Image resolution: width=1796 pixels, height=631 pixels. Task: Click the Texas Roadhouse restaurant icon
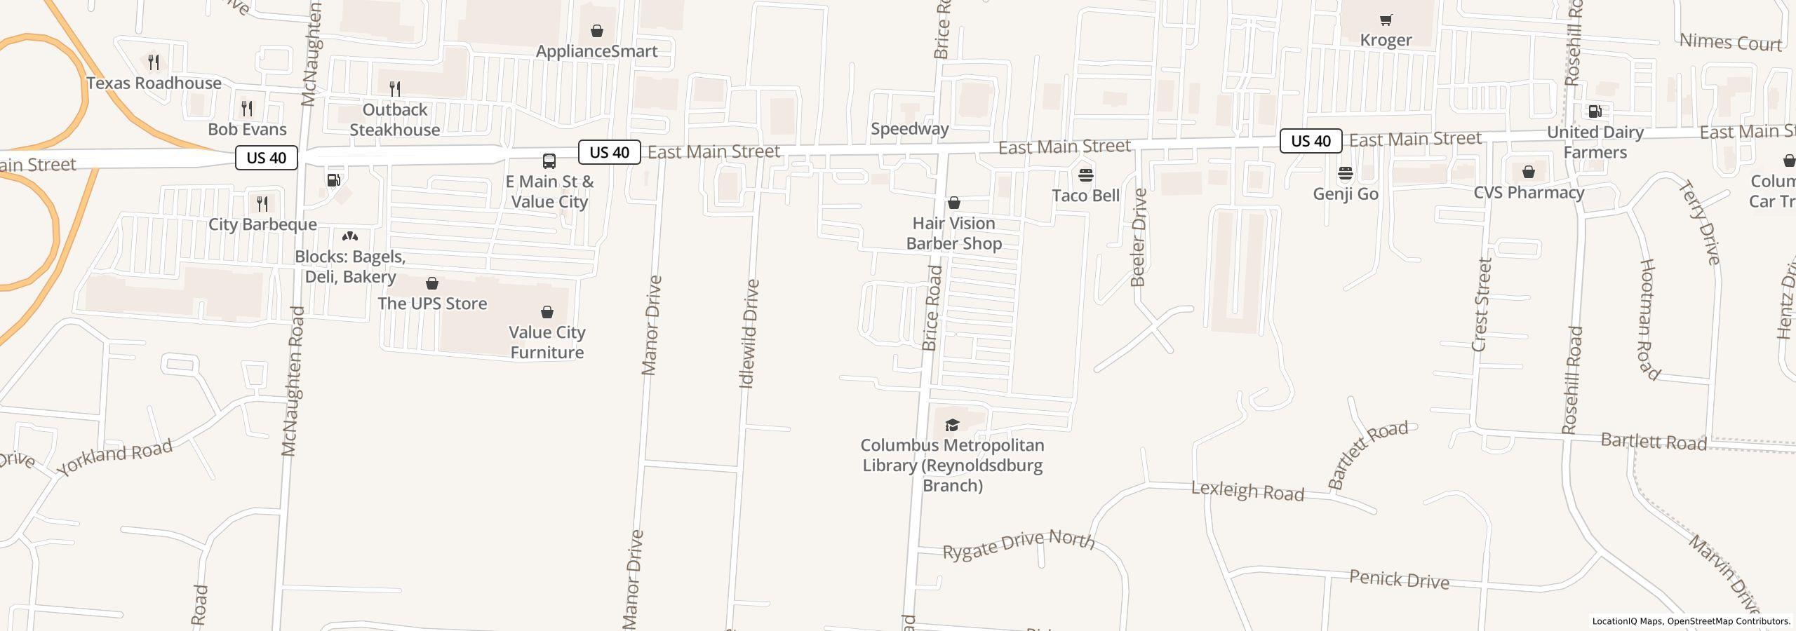(x=154, y=62)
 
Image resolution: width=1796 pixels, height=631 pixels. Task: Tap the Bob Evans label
(x=247, y=130)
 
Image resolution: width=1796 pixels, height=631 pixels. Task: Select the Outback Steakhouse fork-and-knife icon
(x=395, y=89)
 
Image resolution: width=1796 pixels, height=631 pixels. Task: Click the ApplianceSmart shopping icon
(x=596, y=31)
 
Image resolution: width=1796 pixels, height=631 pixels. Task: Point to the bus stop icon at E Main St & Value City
(x=549, y=161)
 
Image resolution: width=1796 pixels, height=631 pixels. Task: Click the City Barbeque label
(x=262, y=224)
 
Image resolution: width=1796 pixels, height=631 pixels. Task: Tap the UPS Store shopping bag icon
(x=432, y=283)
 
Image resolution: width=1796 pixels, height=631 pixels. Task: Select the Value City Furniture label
(x=547, y=342)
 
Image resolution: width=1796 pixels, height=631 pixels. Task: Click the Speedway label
(x=909, y=129)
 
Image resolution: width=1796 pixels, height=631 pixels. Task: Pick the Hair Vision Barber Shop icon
(x=953, y=203)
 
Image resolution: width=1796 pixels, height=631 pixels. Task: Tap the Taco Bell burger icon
(x=1085, y=175)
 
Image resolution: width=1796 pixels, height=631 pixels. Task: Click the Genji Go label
(x=1345, y=194)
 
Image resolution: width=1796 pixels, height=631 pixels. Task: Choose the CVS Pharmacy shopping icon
(x=1528, y=172)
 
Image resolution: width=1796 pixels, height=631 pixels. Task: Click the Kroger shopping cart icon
(x=1386, y=20)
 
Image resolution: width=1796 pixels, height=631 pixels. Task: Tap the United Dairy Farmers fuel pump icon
(x=1595, y=111)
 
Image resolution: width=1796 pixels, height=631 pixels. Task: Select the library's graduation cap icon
(x=952, y=425)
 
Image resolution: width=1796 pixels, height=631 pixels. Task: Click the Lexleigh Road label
(x=1247, y=491)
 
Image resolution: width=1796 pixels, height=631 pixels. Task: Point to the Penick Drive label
(x=1399, y=580)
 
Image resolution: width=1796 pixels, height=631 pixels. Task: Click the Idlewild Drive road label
(x=749, y=334)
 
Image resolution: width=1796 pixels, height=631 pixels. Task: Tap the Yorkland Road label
(x=115, y=458)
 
